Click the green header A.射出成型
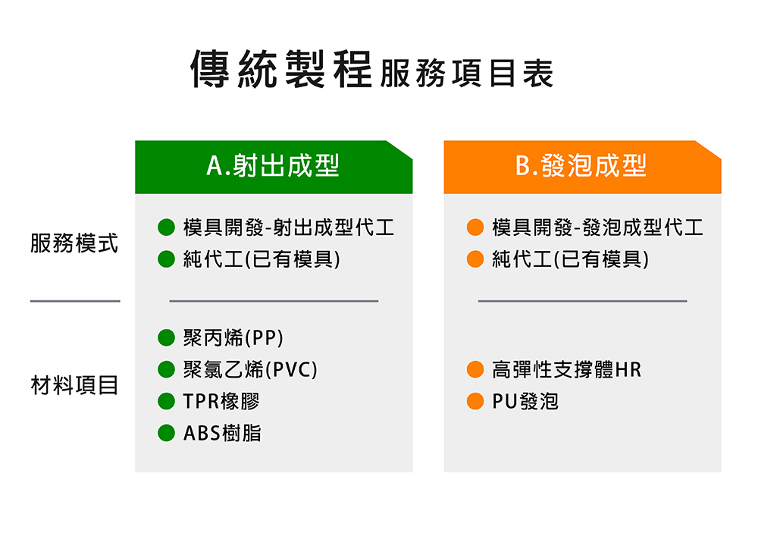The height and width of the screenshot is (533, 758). click(x=274, y=167)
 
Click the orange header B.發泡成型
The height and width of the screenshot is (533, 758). click(x=582, y=167)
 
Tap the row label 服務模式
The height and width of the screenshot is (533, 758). click(x=74, y=243)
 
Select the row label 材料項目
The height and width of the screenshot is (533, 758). click(x=74, y=385)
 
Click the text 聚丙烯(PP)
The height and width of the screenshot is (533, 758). click(x=233, y=337)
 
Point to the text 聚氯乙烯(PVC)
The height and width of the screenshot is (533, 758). click(x=250, y=369)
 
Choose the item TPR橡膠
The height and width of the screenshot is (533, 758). click(x=221, y=401)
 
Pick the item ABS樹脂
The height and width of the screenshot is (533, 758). click(x=222, y=434)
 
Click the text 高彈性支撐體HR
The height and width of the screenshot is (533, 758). click(x=566, y=369)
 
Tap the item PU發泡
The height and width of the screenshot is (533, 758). click(x=525, y=401)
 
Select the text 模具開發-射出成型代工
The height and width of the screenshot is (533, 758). click(x=289, y=227)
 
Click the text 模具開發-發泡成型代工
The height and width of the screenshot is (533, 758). click(x=597, y=227)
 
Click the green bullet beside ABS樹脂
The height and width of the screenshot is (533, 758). click(x=166, y=433)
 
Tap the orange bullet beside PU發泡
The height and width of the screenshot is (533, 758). click(x=475, y=401)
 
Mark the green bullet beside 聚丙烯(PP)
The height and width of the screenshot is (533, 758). click(x=166, y=337)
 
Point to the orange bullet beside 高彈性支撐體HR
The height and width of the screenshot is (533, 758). click(x=475, y=369)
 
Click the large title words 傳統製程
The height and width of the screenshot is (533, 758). click(x=281, y=69)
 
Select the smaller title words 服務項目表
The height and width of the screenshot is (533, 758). click(x=466, y=74)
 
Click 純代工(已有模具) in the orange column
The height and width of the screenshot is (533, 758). click(x=571, y=259)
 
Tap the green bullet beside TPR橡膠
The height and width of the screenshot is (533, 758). click(x=166, y=401)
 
